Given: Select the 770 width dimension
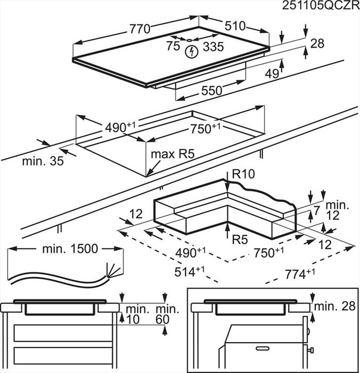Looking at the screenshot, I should pyautogui.click(x=140, y=28).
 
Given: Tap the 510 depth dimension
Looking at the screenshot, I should pyautogui.click(x=235, y=26).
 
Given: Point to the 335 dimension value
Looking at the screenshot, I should pyautogui.click(x=213, y=46).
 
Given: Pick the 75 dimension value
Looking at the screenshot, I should pyautogui.click(x=173, y=46).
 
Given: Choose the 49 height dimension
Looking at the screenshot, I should pyautogui.click(x=272, y=73).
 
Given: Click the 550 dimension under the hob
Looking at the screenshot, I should pyautogui.click(x=211, y=91).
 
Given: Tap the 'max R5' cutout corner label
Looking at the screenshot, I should pyautogui.click(x=172, y=154).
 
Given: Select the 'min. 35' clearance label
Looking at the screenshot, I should pyautogui.click(x=43, y=161).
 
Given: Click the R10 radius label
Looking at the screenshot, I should pyautogui.click(x=243, y=174).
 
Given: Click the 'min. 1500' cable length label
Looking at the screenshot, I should pyautogui.click(x=70, y=249).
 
